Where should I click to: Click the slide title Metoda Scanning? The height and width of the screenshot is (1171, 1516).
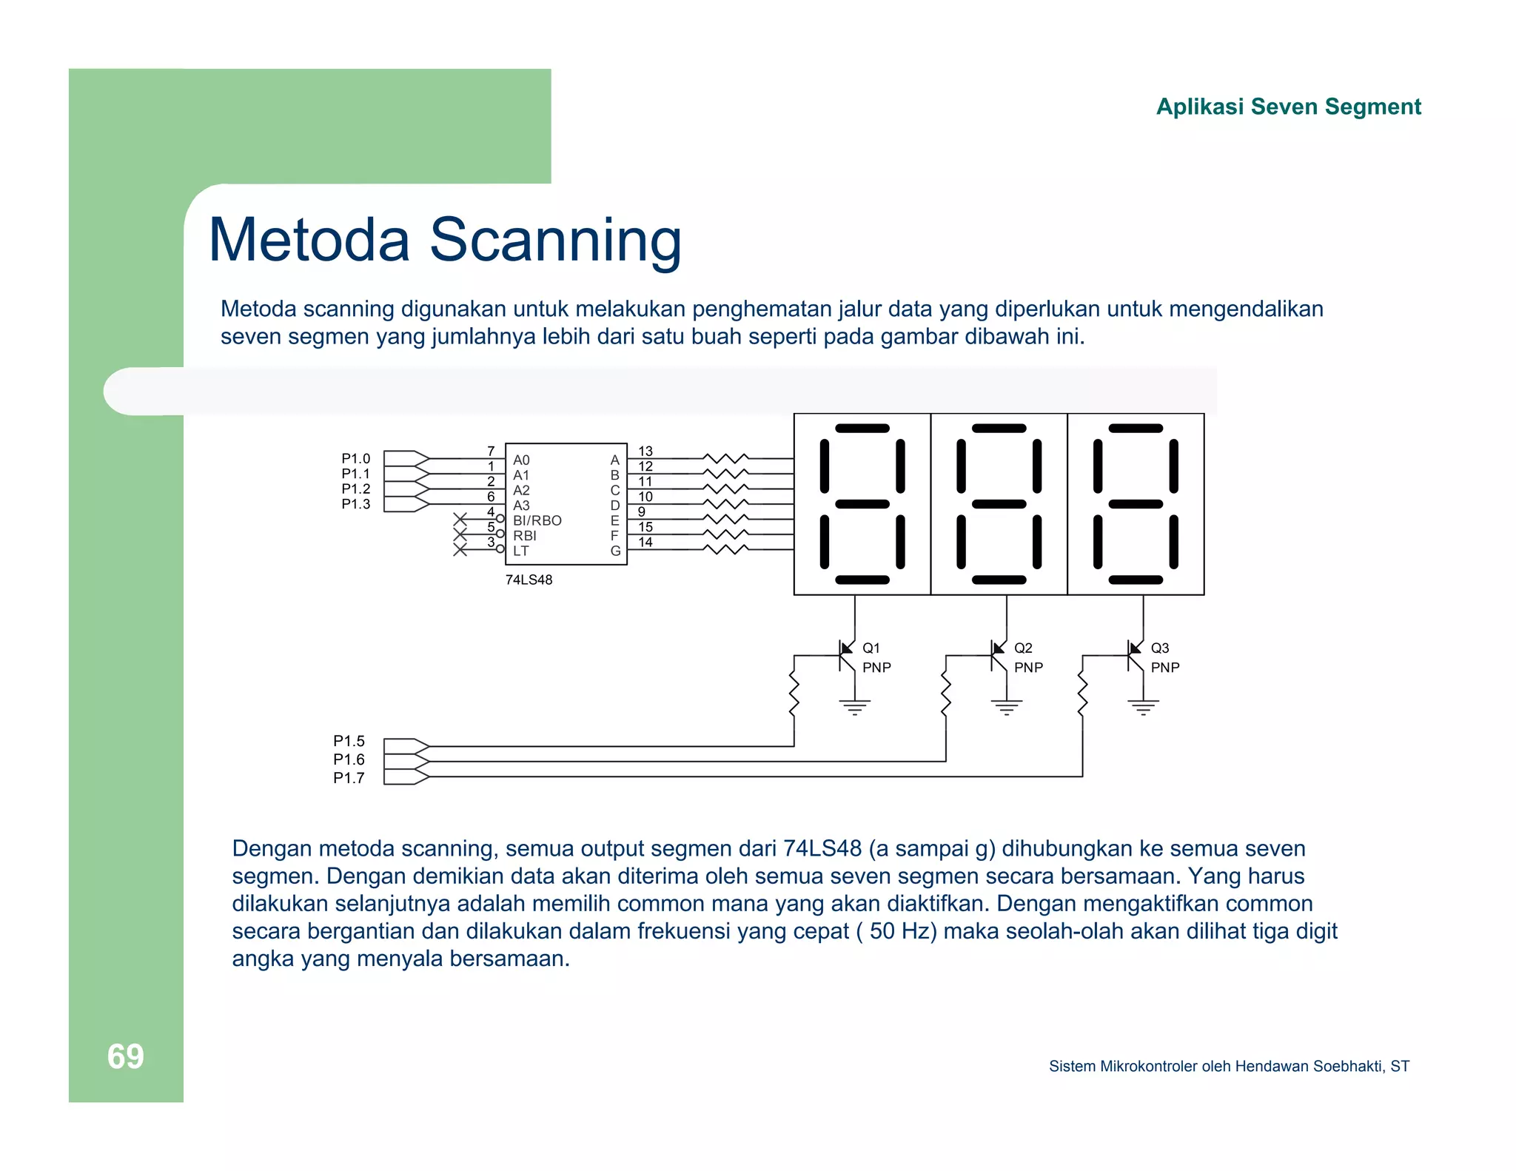444,240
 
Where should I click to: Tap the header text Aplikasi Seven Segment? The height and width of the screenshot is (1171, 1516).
1288,107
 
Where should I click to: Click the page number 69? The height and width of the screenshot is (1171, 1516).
125,1056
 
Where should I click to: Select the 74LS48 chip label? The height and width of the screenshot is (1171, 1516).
529,580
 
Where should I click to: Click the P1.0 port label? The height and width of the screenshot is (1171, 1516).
355,459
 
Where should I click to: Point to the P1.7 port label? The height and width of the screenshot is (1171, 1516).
349,778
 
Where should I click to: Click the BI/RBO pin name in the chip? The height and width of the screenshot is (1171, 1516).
537,520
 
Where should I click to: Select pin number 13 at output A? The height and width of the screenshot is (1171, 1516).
645,451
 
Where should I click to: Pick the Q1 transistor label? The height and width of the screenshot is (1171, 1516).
871,648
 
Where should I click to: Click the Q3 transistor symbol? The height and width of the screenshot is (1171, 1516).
1133,656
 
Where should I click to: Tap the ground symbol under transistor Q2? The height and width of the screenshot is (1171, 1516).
1006,708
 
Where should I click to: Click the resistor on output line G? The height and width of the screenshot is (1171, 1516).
725,549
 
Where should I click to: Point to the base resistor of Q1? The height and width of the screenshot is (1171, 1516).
794,694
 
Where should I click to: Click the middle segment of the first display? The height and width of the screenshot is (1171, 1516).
862,504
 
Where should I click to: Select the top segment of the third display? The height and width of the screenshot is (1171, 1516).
1136,429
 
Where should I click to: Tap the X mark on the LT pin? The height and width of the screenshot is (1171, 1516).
460,550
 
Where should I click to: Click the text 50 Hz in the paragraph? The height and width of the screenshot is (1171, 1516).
899,930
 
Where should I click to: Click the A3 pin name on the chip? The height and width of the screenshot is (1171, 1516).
521,506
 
